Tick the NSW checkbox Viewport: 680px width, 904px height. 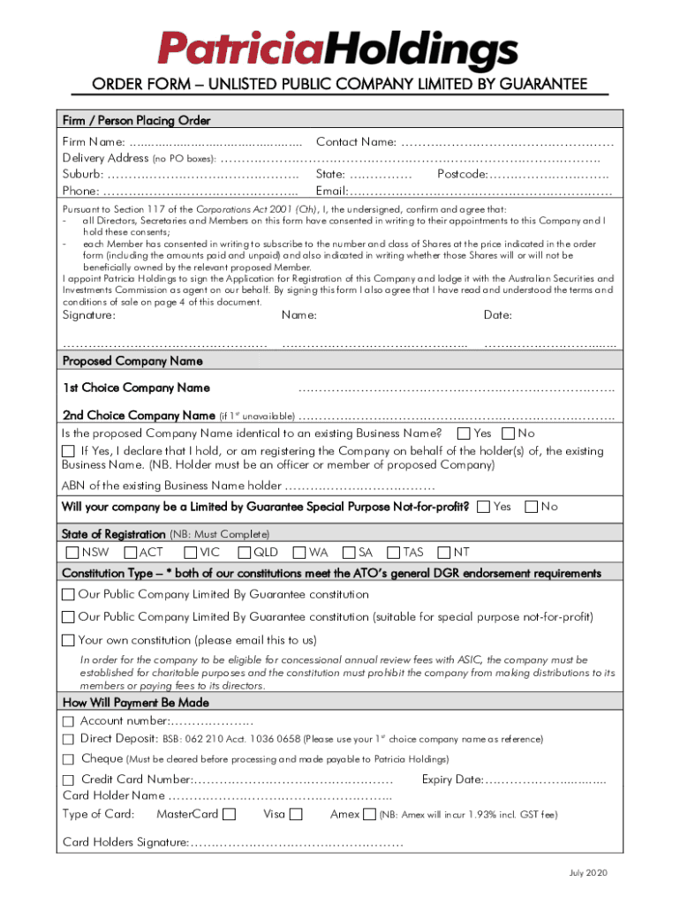point(72,553)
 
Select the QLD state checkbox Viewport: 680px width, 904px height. point(244,553)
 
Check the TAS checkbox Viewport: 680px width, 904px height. point(394,553)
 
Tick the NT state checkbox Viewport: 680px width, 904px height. point(443,553)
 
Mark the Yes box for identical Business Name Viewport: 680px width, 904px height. point(464,433)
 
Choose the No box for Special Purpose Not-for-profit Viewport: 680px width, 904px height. point(532,507)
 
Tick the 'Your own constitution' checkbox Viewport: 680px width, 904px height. point(69,639)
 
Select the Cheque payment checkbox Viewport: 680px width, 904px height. point(69,759)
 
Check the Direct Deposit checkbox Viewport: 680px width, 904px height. point(69,739)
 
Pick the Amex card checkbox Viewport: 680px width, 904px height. point(369,815)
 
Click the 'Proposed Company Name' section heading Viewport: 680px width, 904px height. point(132,361)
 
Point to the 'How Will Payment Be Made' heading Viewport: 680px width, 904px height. point(136,703)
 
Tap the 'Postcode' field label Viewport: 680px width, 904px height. point(463,174)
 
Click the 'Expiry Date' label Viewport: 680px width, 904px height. point(452,780)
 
